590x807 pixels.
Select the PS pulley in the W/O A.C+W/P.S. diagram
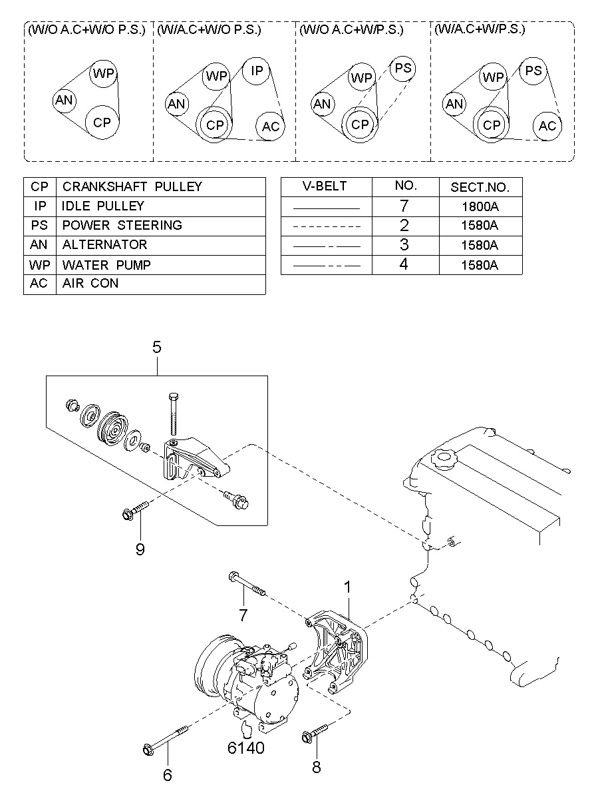click(x=402, y=68)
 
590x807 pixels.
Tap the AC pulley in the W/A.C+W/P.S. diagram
click(x=547, y=126)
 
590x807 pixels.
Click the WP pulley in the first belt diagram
click(x=103, y=74)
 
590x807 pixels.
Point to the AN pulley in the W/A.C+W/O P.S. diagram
click(x=176, y=104)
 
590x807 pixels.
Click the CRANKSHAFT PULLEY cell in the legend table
click(x=161, y=186)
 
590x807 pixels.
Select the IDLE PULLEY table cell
click(x=161, y=206)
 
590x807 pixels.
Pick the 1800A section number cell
click(x=480, y=207)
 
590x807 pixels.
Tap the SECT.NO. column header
click(x=480, y=187)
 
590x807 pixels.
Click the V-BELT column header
click(x=326, y=186)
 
